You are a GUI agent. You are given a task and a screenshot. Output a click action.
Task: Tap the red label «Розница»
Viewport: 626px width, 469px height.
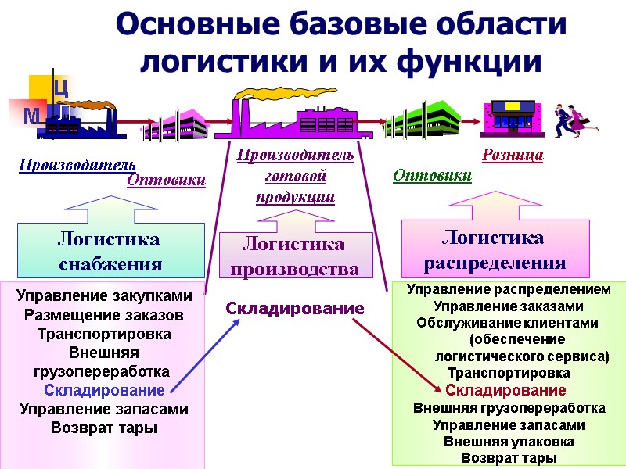tap(513, 156)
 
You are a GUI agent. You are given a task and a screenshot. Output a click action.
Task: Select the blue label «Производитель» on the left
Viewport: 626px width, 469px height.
tap(77, 165)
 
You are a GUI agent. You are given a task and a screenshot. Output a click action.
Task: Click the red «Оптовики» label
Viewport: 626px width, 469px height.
tap(166, 181)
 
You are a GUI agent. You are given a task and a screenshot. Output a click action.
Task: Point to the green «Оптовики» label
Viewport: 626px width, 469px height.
tap(432, 175)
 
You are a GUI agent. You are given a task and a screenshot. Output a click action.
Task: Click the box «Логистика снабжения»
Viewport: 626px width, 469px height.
tap(110, 251)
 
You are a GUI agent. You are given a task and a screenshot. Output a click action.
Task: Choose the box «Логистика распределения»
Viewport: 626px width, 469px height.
tap(495, 249)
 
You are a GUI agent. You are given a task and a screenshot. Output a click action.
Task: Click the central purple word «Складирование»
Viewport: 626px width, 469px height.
tap(295, 309)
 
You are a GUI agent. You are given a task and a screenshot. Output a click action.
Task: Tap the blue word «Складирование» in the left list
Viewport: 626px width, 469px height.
tap(104, 389)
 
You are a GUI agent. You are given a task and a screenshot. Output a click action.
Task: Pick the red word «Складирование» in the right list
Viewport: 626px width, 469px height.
tap(505, 390)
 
